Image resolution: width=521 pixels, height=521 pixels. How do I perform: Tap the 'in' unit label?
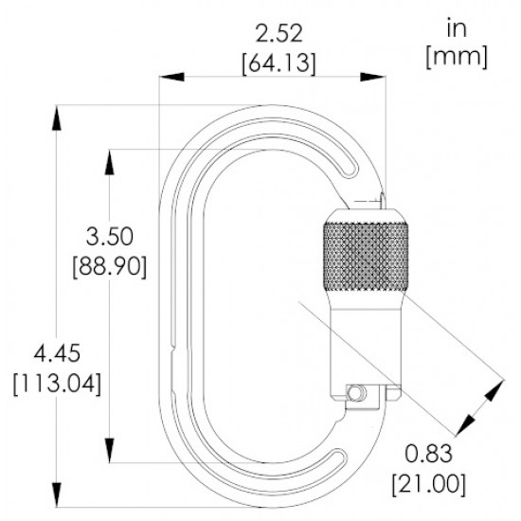(457, 29)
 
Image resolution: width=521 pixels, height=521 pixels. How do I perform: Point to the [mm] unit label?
(457, 57)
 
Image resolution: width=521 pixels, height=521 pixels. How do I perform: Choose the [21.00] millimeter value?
(432, 484)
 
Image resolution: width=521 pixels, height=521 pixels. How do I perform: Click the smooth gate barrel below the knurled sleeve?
(364, 341)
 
